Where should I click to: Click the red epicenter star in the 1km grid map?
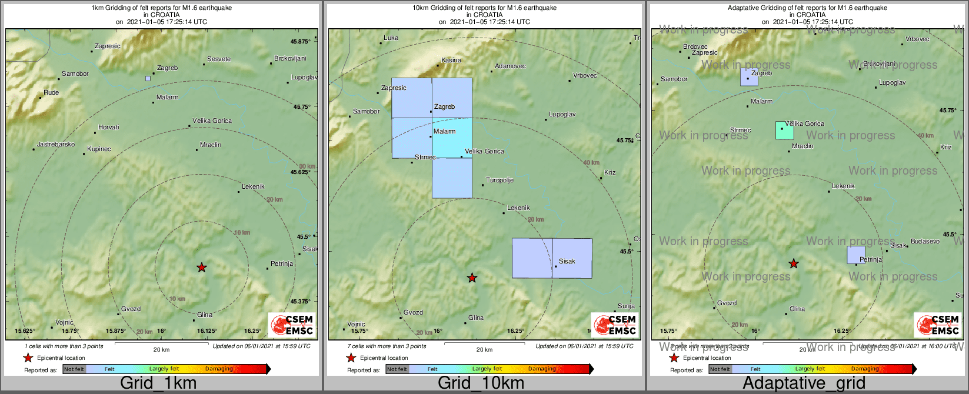(x=202, y=268)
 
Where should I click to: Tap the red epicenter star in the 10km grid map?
(x=472, y=278)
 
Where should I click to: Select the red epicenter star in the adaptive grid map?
(x=794, y=263)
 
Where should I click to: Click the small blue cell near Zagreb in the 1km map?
(x=148, y=78)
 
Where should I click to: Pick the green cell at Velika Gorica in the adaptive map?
(x=784, y=131)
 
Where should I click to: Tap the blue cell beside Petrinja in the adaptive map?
(x=855, y=255)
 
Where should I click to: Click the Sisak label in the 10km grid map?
(x=567, y=261)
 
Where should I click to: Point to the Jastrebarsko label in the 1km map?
(x=56, y=144)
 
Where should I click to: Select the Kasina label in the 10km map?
(x=451, y=60)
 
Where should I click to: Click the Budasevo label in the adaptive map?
(x=925, y=241)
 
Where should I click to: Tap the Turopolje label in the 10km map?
(x=500, y=180)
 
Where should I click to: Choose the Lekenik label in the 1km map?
(x=253, y=186)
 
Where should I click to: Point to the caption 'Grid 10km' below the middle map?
(x=481, y=383)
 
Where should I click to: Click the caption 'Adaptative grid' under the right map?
(x=804, y=383)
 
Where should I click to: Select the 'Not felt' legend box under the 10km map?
(x=397, y=369)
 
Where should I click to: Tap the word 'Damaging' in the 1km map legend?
(x=219, y=369)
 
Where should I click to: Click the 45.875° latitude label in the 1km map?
(x=300, y=42)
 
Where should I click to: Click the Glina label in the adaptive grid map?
(x=797, y=309)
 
